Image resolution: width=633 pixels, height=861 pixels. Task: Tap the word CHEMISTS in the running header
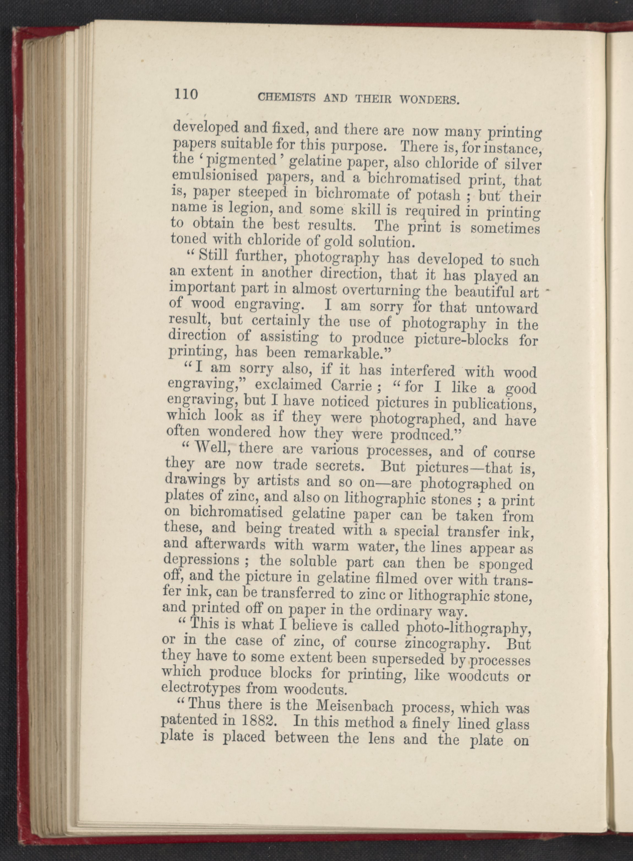pyautogui.click(x=287, y=98)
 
